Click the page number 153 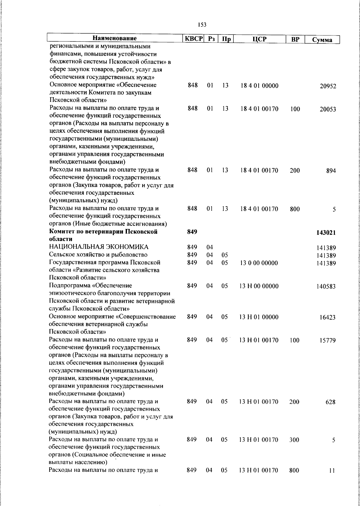(202, 25)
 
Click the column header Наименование (115, 38)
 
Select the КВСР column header (193, 39)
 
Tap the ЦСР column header (259, 39)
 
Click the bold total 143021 (326, 233)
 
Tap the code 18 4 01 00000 (259, 86)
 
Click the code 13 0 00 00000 (259, 263)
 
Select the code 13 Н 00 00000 (259, 286)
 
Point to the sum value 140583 (326, 287)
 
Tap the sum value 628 (330, 402)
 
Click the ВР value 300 (294, 440)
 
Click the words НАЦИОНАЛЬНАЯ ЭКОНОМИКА (99, 247)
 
